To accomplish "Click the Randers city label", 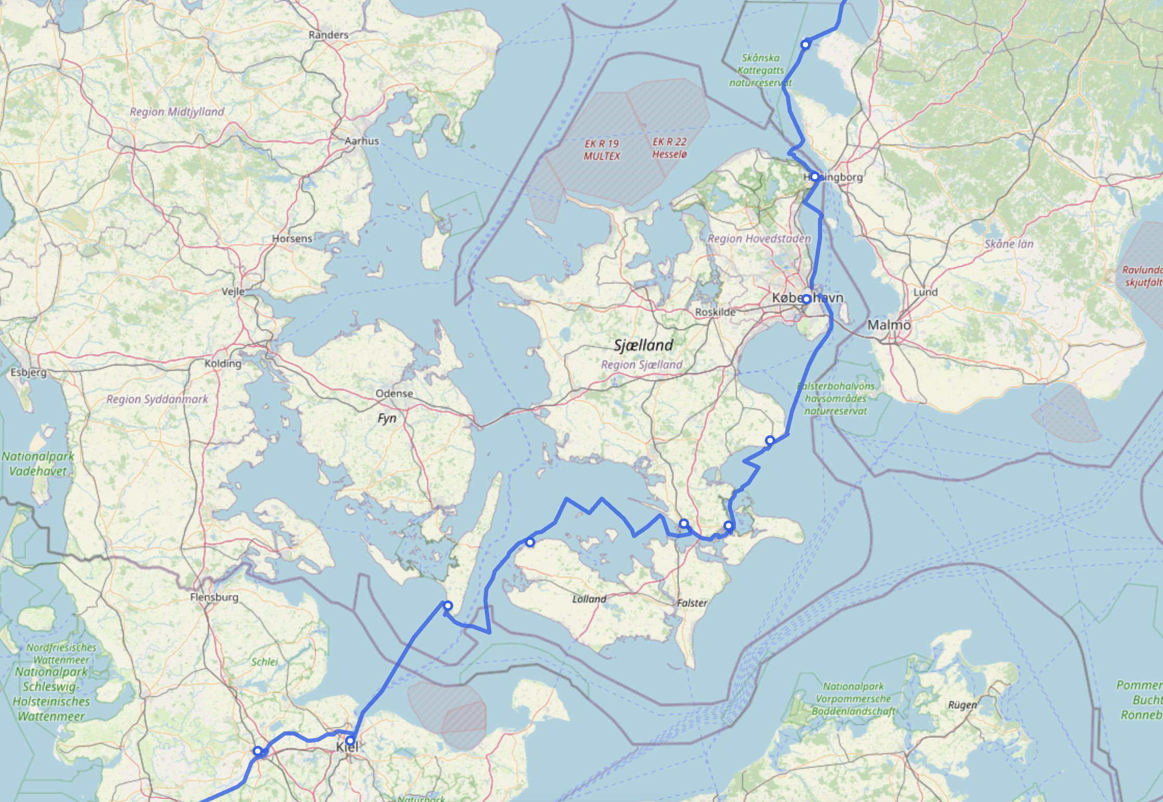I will (x=328, y=35).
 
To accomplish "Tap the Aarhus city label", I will (x=362, y=141).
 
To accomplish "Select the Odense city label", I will (x=394, y=393).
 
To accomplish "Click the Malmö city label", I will (x=889, y=325).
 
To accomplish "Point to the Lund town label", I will (x=926, y=292).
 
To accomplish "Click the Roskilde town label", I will (x=715, y=312).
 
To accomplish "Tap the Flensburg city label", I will (x=214, y=597).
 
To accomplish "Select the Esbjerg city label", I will (x=29, y=372).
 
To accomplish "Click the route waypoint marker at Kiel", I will (x=350, y=740).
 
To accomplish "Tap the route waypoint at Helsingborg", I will (x=814, y=177).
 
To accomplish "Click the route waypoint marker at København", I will (x=806, y=299).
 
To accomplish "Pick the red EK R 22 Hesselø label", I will (x=669, y=148).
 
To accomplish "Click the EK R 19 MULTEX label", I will (x=602, y=150).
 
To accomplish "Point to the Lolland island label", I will (x=589, y=599).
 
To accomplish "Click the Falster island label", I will (x=692, y=603).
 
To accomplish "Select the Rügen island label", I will (x=962, y=705).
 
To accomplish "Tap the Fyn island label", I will (x=387, y=418).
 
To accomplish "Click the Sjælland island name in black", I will (x=643, y=344).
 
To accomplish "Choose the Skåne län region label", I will (x=1009, y=244).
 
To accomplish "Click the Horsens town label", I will (x=292, y=238).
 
